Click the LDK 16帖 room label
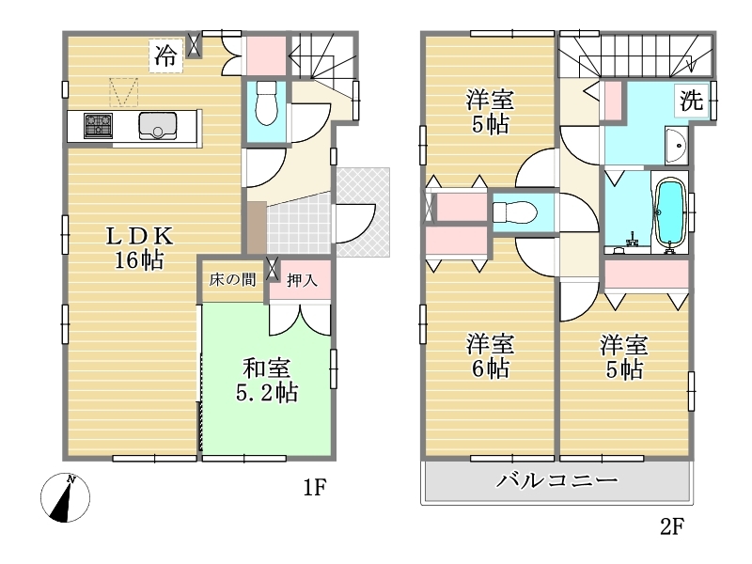coord(138,248)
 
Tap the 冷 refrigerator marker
coord(166,55)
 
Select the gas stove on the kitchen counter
coord(99,126)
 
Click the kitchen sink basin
coord(157,126)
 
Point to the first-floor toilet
coord(266,102)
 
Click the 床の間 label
coord(232,279)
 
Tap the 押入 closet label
coord(302,280)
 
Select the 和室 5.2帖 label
coord(267,381)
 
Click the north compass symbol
coord(65,497)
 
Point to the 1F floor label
coord(315,488)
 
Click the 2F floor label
coord(671,526)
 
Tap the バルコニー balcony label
coord(556,480)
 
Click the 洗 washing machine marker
coord(692,100)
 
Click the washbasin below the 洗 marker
coord(676,145)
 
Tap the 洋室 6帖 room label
coord(490,357)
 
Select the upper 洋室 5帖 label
coord(490,113)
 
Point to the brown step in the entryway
coord(257,227)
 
